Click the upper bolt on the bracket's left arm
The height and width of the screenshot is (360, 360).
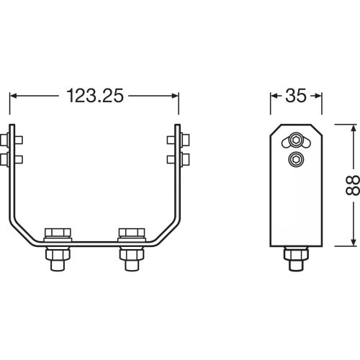pos(12,138)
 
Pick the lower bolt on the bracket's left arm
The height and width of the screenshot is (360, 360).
pos(12,158)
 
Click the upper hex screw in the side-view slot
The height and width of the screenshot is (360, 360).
pos(296,140)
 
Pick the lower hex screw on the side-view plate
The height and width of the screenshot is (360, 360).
pos(296,159)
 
